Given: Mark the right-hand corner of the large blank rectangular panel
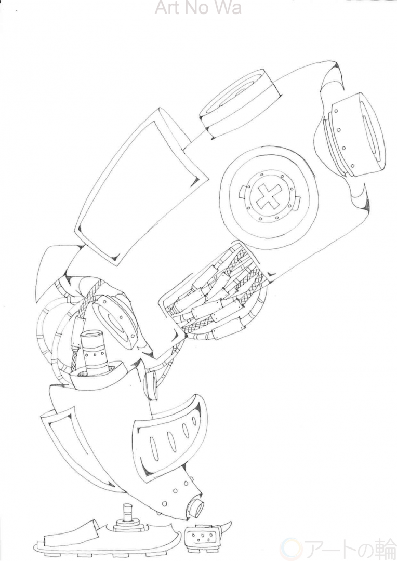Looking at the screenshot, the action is [209, 177].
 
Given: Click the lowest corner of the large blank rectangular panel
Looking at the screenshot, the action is [117, 264].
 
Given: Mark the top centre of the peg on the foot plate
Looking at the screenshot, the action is [127, 505].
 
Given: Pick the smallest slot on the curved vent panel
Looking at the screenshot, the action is [194, 421].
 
